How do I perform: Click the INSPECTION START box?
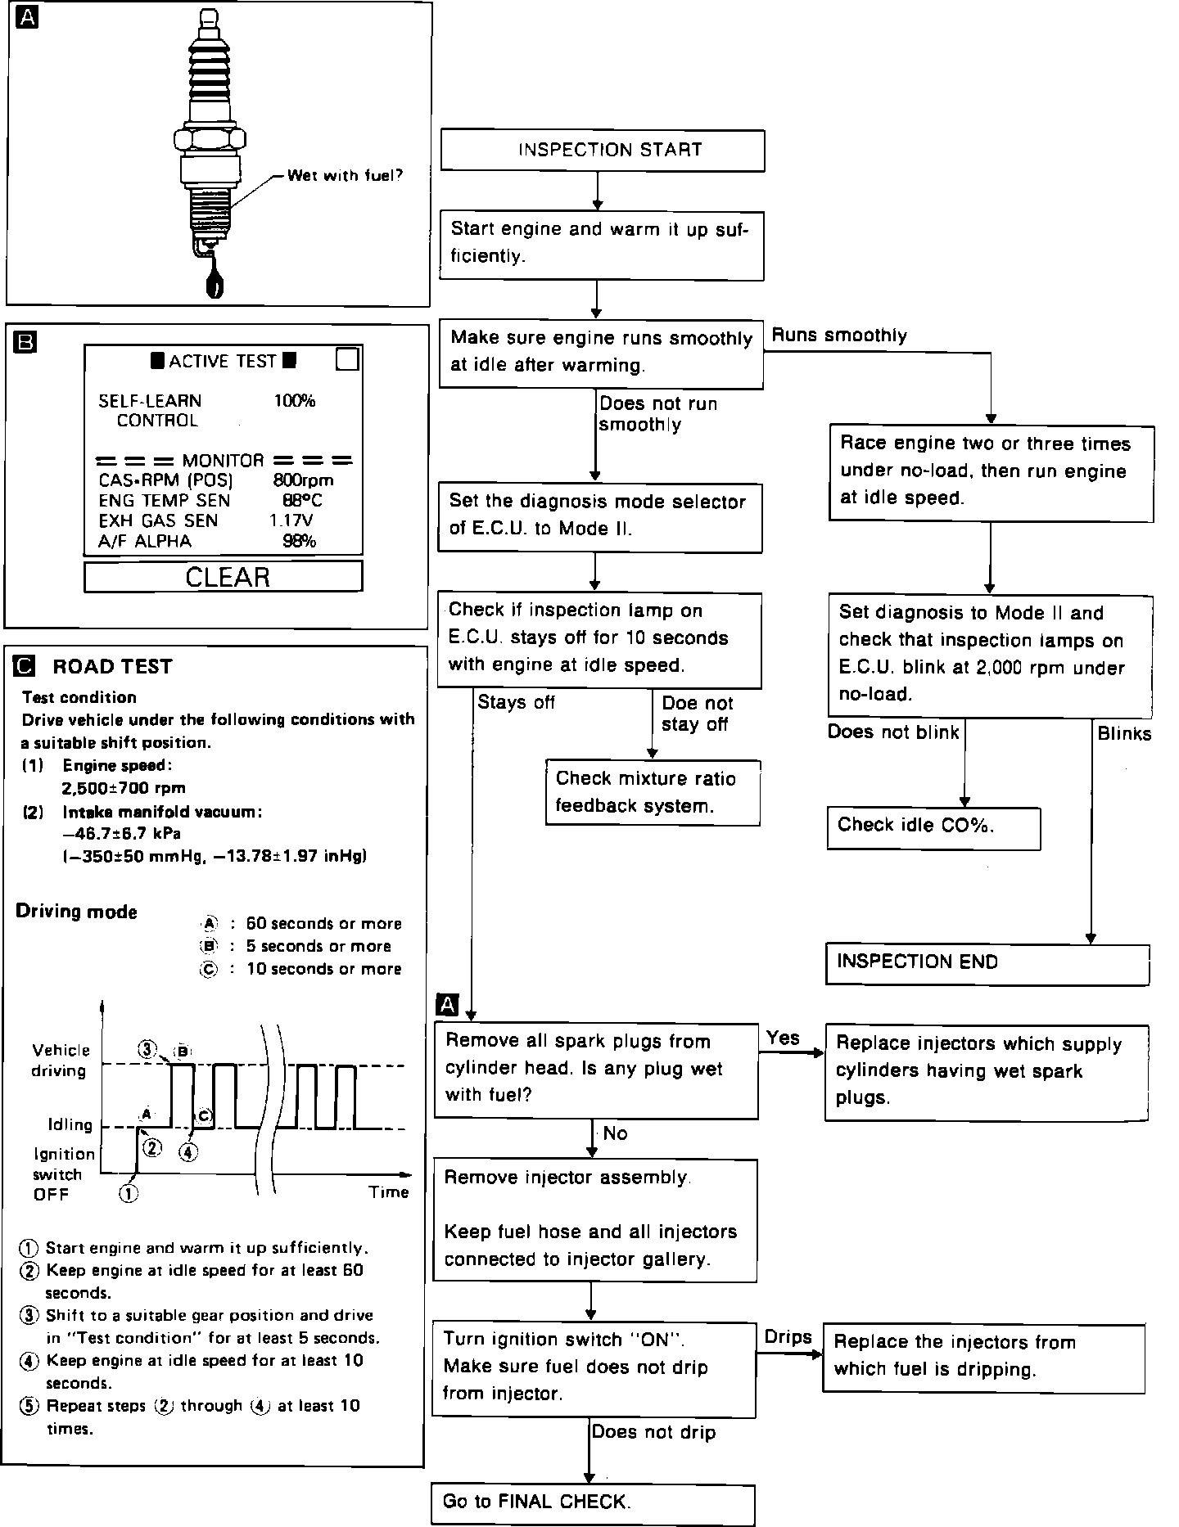pyautogui.click(x=603, y=151)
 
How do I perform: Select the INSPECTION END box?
pyautogui.click(x=987, y=963)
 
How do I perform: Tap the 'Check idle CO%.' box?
pyautogui.click(x=933, y=827)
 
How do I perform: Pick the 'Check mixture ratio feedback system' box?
pyautogui.click(x=653, y=792)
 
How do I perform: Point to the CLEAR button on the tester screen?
pyautogui.click(x=224, y=577)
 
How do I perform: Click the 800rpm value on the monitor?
pyautogui.click(x=303, y=480)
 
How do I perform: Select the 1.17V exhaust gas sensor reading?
pyautogui.click(x=291, y=520)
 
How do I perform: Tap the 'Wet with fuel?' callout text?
pyautogui.click(x=345, y=175)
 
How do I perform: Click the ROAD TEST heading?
pyautogui.click(x=112, y=667)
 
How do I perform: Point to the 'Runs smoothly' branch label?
pyautogui.click(x=839, y=336)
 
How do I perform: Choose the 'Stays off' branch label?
pyautogui.click(x=516, y=702)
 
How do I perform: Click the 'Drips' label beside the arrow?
pyautogui.click(x=788, y=1337)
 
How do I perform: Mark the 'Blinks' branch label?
pyautogui.click(x=1124, y=734)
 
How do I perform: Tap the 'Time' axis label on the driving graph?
pyautogui.click(x=388, y=1192)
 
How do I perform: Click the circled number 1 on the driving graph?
pyautogui.click(x=129, y=1193)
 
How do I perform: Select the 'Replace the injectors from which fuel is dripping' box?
pyautogui.click(x=983, y=1357)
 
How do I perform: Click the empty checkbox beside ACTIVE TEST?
pyautogui.click(x=348, y=359)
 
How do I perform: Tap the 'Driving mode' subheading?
pyautogui.click(x=77, y=912)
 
